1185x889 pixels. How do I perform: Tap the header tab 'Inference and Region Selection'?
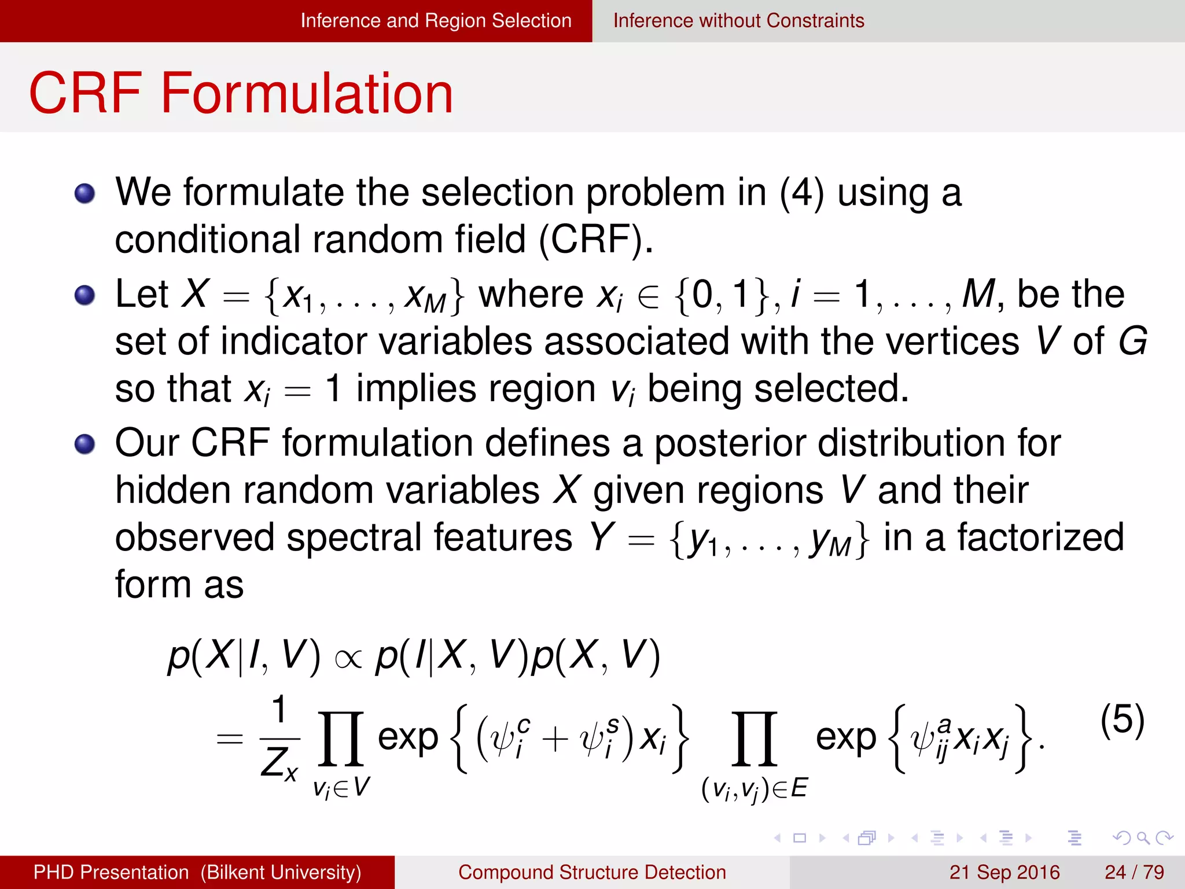click(x=436, y=21)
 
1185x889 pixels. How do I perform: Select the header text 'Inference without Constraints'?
click(x=738, y=21)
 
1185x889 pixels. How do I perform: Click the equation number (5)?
click(x=1122, y=720)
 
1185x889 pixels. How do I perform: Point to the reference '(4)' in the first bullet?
click(x=801, y=193)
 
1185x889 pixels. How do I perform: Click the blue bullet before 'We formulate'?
click(x=85, y=193)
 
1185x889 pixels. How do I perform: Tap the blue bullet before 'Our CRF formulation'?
click(x=85, y=444)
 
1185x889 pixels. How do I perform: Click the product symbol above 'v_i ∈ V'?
click(x=341, y=739)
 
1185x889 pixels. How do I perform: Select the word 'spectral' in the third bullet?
click(x=355, y=538)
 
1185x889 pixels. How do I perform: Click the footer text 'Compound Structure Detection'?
click(x=592, y=872)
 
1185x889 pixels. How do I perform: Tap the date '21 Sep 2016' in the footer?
click(x=1004, y=872)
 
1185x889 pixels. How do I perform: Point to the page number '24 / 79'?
click(x=1134, y=872)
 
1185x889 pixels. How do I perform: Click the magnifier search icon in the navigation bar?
click(x=1143, y=837)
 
